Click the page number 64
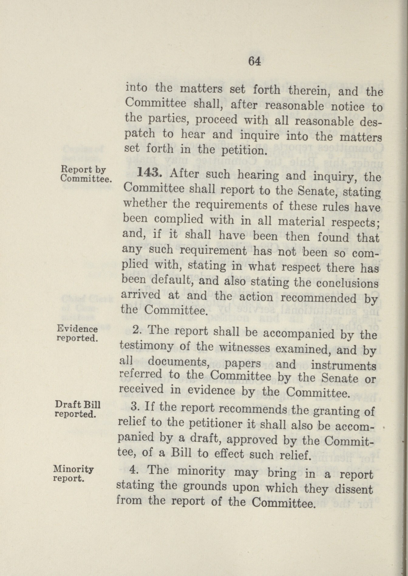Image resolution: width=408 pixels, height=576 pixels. click(254, 61)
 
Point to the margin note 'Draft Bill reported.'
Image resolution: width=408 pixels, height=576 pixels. click(77, 409)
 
